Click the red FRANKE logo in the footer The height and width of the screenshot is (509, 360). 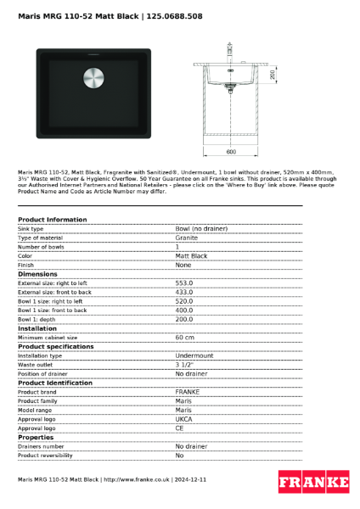tap(313, 482)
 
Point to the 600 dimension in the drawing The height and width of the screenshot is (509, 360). tap(231, 152)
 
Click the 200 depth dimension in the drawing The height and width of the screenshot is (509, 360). tap(272, 75)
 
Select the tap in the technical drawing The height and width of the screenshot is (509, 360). tap(228, 51)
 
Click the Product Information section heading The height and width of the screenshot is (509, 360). tap(53, 220)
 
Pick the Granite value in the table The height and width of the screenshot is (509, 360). tap(187, 238)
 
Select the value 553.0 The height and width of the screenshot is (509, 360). tap(184, 283)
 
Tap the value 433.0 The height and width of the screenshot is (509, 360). tap(184, 292)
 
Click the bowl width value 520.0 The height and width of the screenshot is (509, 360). tap(184, 301)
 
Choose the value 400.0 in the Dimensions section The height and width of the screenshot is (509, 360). tap(184, 310)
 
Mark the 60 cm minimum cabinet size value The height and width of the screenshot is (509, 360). tap(185, 338)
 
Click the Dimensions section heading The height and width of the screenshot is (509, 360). tap(37, 274)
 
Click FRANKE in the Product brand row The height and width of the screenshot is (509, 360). tap(188, 392)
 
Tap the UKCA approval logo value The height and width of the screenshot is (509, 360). tap(184, 419)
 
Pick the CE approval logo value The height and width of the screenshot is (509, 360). tap(180, 428)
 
